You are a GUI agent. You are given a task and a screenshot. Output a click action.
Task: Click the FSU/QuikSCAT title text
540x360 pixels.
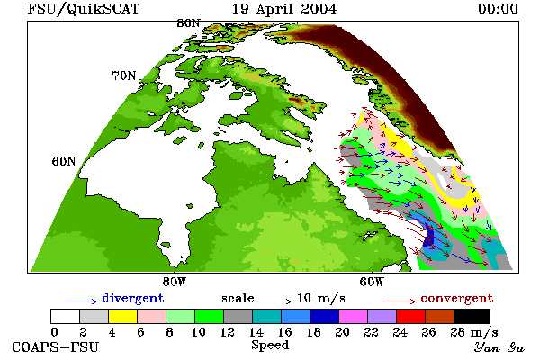pos(84,9)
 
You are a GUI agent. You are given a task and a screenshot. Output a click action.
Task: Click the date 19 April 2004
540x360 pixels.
pos(284,9)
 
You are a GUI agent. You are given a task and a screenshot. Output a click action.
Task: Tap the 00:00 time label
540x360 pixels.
pos(498,9)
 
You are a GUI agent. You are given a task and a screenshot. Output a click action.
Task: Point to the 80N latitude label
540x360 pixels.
pos(188,23)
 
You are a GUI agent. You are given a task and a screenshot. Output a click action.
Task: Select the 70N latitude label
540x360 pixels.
pos(124,76)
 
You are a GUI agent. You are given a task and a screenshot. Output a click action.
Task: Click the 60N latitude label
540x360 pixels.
pos(64,161)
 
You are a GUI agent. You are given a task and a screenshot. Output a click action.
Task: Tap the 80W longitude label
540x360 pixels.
pos(175,282)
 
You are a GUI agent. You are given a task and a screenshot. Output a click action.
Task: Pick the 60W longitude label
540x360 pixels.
pos(371,282)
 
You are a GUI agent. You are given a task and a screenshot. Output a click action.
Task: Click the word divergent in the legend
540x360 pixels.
pos(133,298)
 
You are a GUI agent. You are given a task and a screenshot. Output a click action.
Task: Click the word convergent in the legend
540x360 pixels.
pos(457,298)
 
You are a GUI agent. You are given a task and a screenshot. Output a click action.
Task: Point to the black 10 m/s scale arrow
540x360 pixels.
pos(275,301)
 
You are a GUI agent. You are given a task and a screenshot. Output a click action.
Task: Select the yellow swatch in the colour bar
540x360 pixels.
pos(122,316)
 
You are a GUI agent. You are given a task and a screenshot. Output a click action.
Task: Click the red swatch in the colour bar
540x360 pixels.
pos(410,316)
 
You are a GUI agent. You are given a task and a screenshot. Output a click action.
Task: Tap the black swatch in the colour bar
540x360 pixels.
pos(472,316)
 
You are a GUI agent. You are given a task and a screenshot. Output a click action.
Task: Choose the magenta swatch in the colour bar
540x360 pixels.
pos(353,316)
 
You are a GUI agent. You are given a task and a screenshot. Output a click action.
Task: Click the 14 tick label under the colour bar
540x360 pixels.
pos(256,332)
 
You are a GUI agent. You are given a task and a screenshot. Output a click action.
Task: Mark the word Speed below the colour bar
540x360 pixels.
pos(270,346)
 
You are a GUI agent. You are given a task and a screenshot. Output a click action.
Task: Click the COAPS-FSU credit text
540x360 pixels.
pos(56,347)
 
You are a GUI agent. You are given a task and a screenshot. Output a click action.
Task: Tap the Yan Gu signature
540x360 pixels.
pos(499,347)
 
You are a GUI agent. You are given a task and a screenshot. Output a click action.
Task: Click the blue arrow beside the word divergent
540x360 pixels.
pos(81,301)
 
